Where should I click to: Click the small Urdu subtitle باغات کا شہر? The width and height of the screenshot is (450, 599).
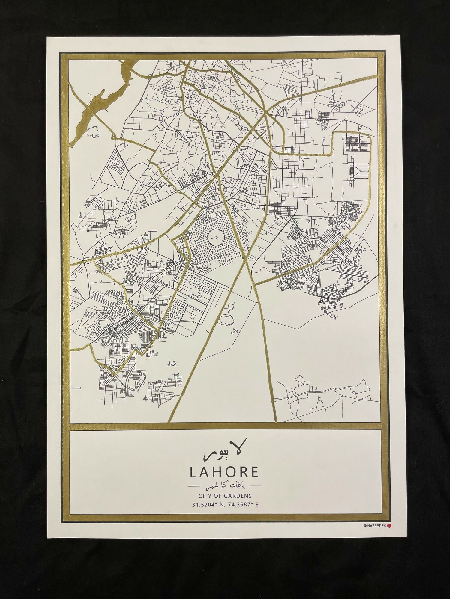pyautogui.click(x=224, y=485)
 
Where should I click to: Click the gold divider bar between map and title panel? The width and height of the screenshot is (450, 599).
pyautogui.click(x=224, y=426)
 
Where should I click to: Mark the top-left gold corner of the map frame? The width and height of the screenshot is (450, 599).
pyautogui.click(x=64, y=56)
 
